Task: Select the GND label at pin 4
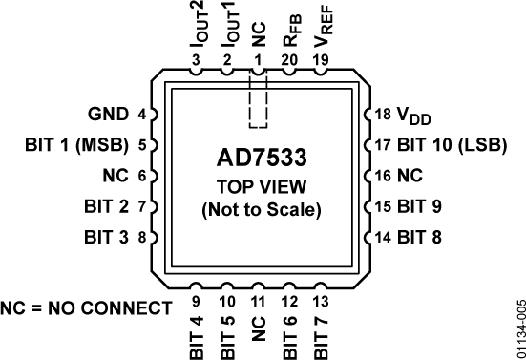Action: (x=110, y=115)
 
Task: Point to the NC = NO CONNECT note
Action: (x=86, y=308)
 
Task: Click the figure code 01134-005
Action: (x=515, y=326)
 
